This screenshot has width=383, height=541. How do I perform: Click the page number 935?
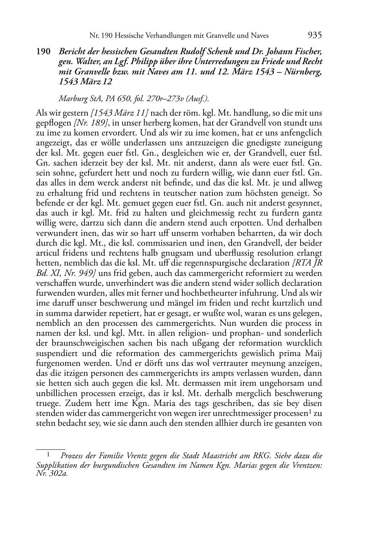(314, 35)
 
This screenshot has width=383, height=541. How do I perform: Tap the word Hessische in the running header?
(129, 36)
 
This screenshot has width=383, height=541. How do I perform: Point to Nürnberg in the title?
(303, 71)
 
